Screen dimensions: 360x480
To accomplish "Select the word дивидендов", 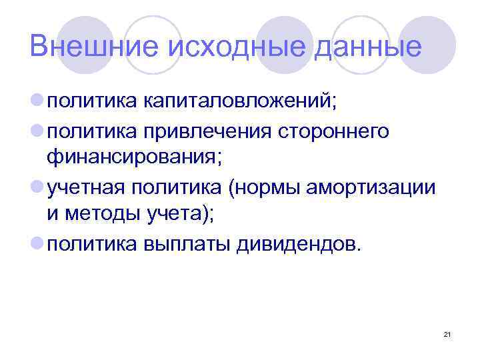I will (297, 244).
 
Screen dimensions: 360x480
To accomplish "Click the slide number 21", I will (447, 334).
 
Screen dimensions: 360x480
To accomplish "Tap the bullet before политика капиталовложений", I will (37, 101).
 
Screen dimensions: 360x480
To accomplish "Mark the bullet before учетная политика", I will (37, 187).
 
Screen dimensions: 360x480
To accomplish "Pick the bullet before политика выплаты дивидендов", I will (37, 244).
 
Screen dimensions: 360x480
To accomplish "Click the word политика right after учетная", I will (175, 187).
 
